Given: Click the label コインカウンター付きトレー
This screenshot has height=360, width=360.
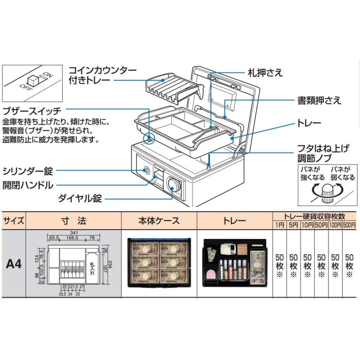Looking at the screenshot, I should pyautogui.click(x=103, y=75).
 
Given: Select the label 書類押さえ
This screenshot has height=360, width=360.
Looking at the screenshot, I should pyautogui.click(x=318, y=100).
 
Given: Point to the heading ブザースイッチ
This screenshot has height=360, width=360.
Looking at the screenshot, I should pyautogui.click(x=32, y=111).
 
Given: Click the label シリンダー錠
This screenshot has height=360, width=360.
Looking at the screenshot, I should pyautogui.click(x=28, y=172).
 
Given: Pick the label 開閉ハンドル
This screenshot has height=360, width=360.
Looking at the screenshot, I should pyautogui.click(x=28, y=185).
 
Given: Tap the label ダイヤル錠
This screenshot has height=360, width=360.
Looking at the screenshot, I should pyautogui.click(x=79, y=198).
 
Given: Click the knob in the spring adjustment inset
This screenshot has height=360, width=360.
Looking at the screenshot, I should pyautogui.click(x=328, y=194).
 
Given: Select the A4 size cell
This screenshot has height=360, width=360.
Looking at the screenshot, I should pyautogui.click(x=14, y=264).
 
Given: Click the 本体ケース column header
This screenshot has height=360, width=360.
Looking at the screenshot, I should pyautogui.click(x=159, y=220).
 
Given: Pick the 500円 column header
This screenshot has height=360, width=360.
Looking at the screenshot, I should pyautogui.click(x=349, y=225).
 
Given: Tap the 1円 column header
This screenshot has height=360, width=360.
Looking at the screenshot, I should pyautogui.click(x=279, y=225).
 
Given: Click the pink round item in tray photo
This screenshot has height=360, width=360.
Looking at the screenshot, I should pyautogui.click(x=211, y=274).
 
